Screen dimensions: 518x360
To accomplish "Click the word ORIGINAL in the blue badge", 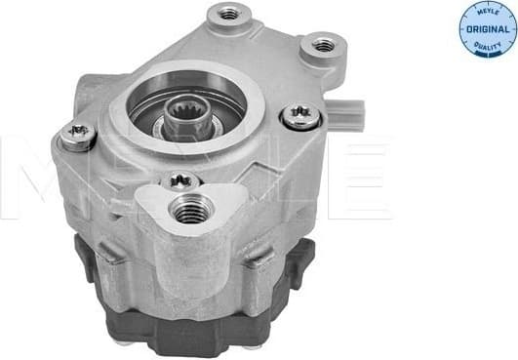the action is click(488, 29).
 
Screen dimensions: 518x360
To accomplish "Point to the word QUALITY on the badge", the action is click(488, 45).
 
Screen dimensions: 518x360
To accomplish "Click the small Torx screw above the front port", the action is click(180, 180).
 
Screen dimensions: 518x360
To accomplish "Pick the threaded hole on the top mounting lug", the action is click(229, 14).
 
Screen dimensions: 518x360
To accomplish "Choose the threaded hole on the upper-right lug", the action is click(323, 45).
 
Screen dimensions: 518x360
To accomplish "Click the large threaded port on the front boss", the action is click(191, 209).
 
